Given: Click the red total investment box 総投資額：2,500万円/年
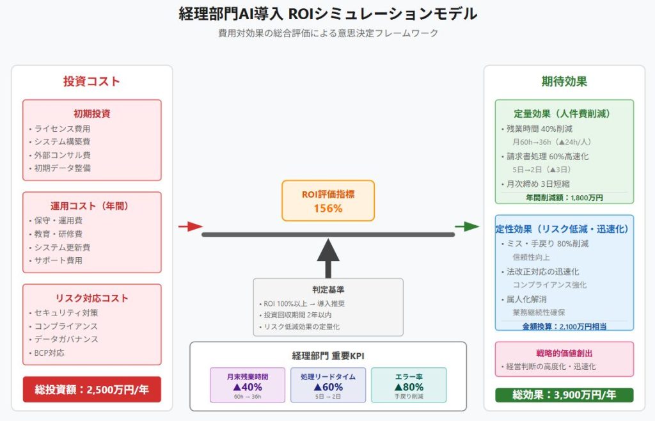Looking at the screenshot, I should pos(91,389).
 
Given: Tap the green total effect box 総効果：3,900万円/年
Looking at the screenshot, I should pos(564,395).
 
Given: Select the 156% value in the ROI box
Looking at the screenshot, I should pos(327,208).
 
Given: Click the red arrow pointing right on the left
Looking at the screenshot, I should pos(190,226).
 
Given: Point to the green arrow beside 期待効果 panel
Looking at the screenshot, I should pos(467,226).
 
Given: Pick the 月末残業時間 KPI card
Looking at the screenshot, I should pos(248,385).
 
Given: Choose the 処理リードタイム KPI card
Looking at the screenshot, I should pos(327,385).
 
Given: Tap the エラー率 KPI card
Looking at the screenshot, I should pos(409,385).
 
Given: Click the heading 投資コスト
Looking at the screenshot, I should pos(91,82).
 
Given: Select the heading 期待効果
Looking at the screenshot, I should pos(564,82).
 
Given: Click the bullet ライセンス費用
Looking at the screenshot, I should pos(62,129).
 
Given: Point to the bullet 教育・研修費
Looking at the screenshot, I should pos(58,234).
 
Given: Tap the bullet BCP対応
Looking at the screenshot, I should pos(49,353).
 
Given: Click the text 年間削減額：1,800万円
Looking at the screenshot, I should pos(564,198).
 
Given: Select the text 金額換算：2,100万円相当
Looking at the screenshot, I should pos(564,326).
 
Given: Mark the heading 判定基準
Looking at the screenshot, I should pos(328,289).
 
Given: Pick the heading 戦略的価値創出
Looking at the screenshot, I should pos(564,353).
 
